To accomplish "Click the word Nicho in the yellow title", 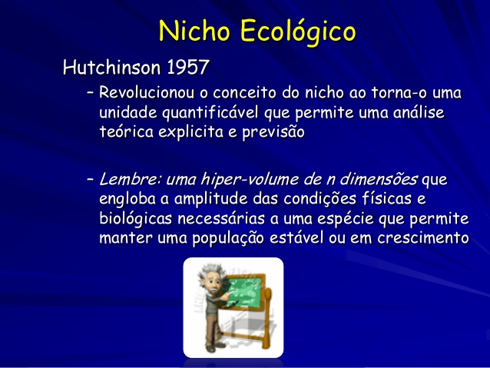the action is (194, 31).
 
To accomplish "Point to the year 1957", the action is (188, 67).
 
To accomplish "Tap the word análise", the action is (419, 112).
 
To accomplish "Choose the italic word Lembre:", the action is (130, 180).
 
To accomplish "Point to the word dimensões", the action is (379, 179).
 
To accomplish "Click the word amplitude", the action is (211, 200).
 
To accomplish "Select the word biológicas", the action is (136, 219).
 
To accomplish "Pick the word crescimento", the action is (423, 238).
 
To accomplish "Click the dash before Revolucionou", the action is (91, 93).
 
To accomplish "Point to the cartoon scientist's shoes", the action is (215, 346).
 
